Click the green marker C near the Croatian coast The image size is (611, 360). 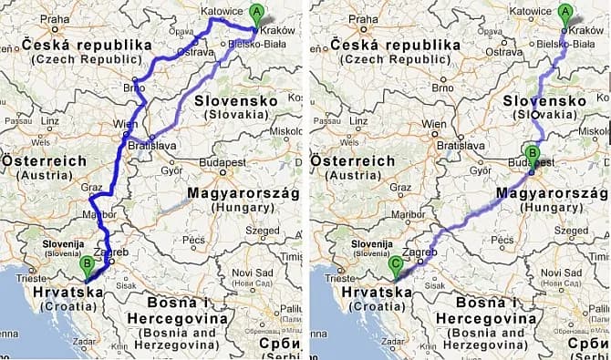(x=394, y=264)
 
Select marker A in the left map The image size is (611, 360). (x=255, y=14)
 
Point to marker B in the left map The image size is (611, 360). (x=88, y=264)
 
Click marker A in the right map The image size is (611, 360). (x=564, y=14)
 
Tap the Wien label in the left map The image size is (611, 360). (x=124, y=123)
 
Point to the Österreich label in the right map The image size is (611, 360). (x=352, y=160)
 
